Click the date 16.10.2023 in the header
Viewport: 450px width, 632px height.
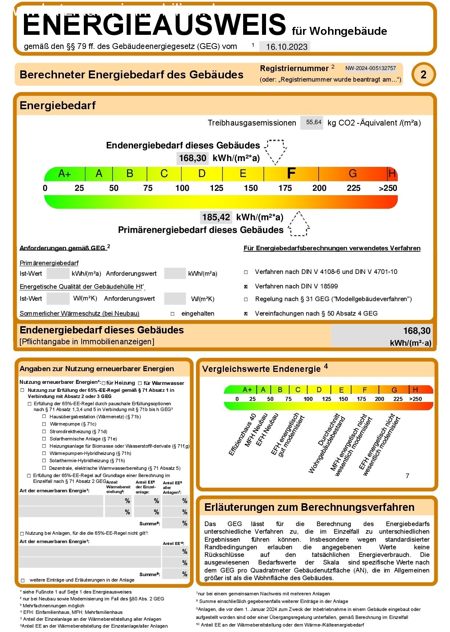[286, 47]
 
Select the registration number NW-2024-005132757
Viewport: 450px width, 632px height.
[370, 68]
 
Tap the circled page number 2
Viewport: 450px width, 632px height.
[423, 74]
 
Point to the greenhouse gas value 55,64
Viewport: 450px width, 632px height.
[314, 122]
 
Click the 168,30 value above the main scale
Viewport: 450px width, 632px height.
[192, 158]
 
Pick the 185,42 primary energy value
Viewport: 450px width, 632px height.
[216, 217]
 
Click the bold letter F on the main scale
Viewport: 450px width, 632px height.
[291, 174]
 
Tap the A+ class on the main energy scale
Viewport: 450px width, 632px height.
[65, 174]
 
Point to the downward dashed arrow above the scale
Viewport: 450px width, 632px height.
[275, 151]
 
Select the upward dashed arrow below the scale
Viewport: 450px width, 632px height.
[298, 224]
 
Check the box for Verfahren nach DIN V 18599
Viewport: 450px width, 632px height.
[246, 287]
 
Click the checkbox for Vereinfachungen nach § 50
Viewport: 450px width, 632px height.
[246, 314]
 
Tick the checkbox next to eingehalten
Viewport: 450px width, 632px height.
[172, 314]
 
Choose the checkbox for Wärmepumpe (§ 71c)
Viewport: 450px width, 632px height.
[44, 424]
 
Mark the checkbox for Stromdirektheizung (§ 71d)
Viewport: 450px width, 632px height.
[44, 432]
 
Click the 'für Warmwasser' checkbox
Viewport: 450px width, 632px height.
[140, 383]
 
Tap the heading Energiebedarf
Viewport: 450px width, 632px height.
[57, 106]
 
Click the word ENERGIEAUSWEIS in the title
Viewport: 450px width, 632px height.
[154, 25]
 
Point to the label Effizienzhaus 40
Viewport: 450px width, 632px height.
[242, 435]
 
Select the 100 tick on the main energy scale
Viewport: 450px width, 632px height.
[182, 188]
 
